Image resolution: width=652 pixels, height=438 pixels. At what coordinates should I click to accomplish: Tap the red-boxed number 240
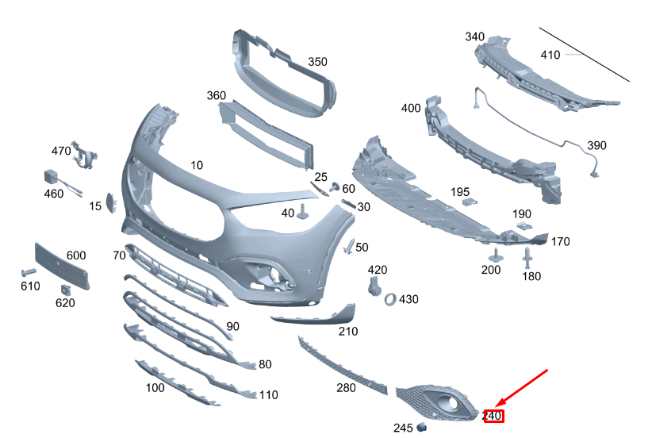click(x=493, y=416)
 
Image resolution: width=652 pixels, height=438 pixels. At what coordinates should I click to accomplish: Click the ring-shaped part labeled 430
click(x=390, y=299)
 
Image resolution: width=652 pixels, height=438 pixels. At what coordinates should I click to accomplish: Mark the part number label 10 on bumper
click(x=196, y=165)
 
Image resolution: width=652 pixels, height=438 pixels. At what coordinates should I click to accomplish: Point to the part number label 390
click(x=596, y=145)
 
